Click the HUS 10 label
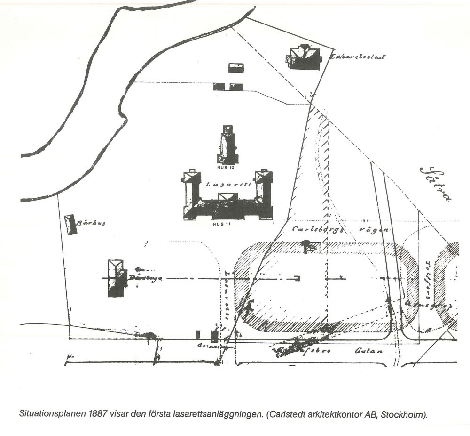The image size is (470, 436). click(226, 167)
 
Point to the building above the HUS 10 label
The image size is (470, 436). click(227, 145)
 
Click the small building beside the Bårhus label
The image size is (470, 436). click(70, 224)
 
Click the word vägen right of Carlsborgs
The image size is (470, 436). click(374, 230)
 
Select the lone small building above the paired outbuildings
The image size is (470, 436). click(236, 68)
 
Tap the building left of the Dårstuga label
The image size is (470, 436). click(116, 278)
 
